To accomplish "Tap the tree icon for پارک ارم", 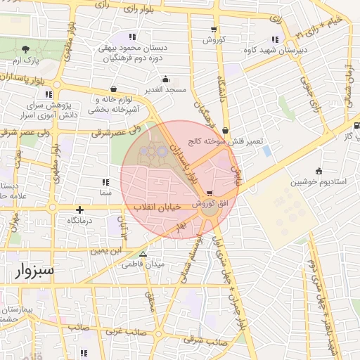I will pyautogui.click(x=26, y=49).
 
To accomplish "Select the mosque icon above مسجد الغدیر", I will pyautogui.click(x=165, y=79).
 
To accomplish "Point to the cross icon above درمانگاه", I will pyautogui.click(x=80, y=210).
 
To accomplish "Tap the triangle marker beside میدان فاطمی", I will pyautogui.click(x=143, y=255).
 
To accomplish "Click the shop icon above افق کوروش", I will pyautogui.click(x=210, y=193).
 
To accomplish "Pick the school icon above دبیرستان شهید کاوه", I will pyautogui.click(x=274, y=39).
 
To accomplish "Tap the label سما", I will pyautogui.click(x=107, y=192).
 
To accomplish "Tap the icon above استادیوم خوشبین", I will pyautogui.click(x=319, y=170).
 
